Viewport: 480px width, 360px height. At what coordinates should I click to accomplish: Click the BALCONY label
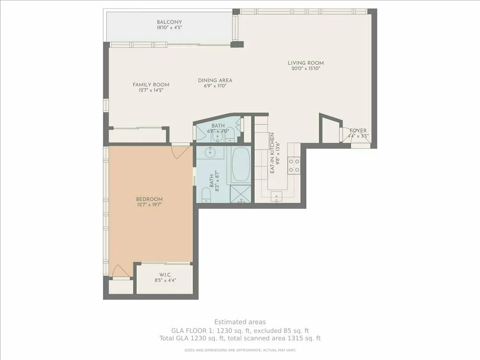click(169, 22)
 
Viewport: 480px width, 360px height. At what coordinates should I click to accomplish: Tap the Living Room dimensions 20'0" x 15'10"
click(306, 68)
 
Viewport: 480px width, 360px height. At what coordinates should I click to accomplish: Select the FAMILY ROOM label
click(151, 84)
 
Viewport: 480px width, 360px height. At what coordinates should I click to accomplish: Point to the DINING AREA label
click(215, 80)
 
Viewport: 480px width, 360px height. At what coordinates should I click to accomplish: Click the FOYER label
click(358, 130)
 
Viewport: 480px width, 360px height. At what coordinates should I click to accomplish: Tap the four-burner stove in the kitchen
click(294, 166)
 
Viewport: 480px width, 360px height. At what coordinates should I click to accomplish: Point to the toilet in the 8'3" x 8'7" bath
click(206, 195)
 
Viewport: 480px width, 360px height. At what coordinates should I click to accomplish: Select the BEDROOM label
click(149, 199)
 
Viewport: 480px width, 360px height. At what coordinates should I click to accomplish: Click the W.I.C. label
click(165, 274)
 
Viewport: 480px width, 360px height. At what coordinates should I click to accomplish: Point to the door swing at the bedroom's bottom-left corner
click(121, 272)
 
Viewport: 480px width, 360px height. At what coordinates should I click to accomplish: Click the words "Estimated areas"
click(240, 322)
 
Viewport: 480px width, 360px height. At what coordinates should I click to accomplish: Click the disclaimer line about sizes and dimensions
click(240, 350)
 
